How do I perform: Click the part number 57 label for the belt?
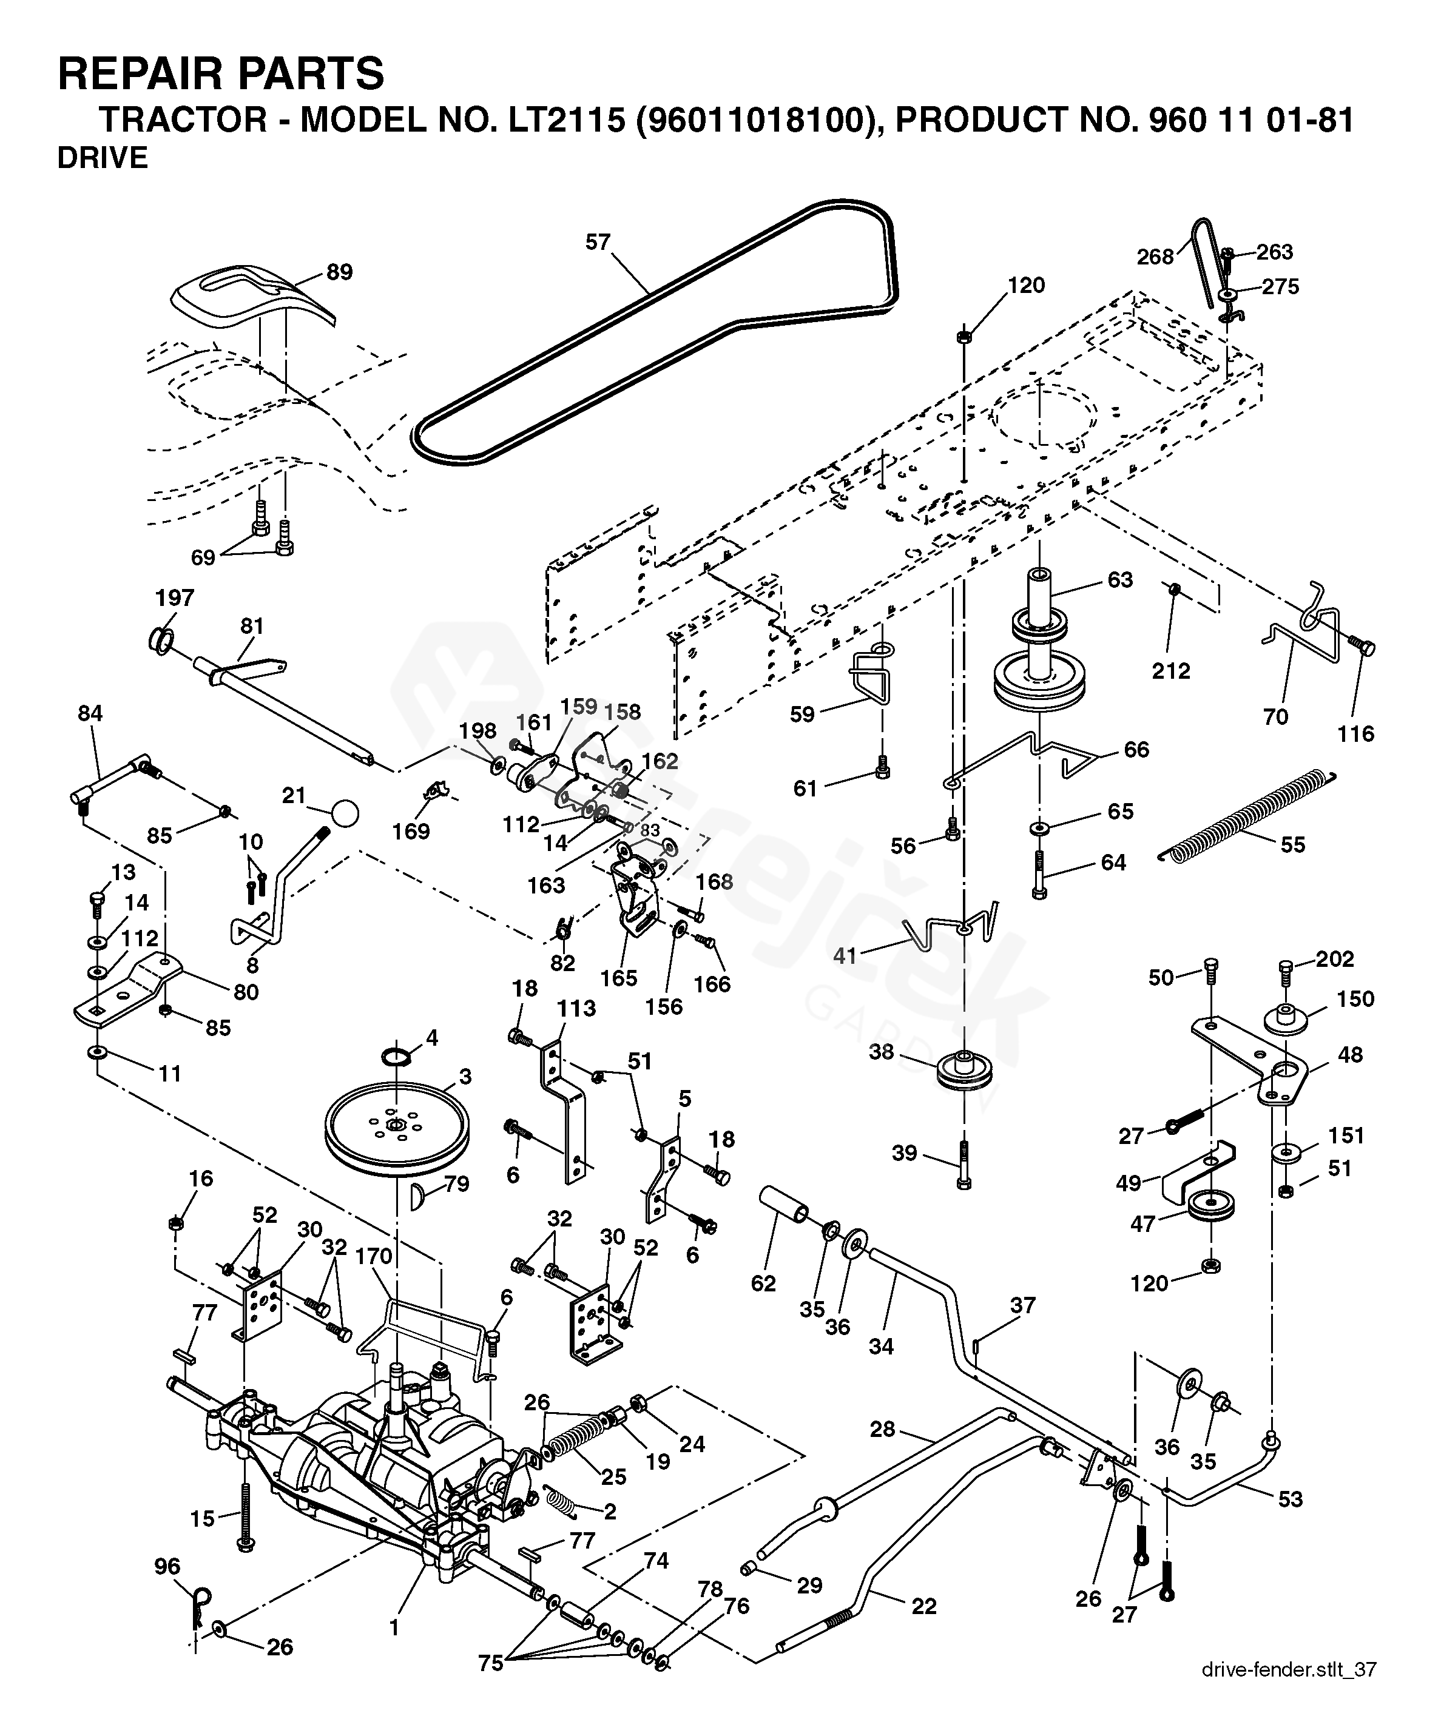597,242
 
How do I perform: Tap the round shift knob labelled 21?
346,813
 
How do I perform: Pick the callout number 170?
373,1256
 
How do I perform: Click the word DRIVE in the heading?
103,158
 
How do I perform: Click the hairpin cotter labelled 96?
200,1606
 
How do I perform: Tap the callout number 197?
175,597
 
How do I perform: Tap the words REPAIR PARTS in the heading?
221,73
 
